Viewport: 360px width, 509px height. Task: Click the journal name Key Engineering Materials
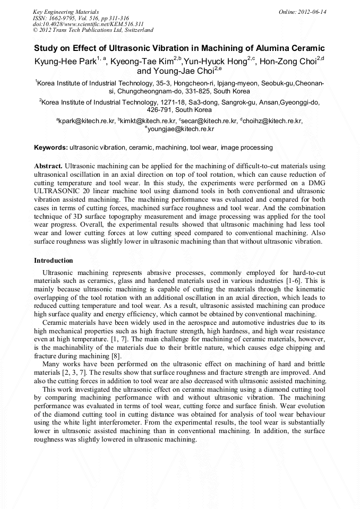click(66, 11)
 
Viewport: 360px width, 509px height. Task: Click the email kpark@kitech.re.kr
click(87, 121)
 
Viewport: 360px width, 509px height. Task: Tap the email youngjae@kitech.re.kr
click(181, 129)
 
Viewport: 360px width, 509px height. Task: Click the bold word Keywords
click(50, 147)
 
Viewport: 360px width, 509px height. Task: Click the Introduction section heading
click(54, 261)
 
